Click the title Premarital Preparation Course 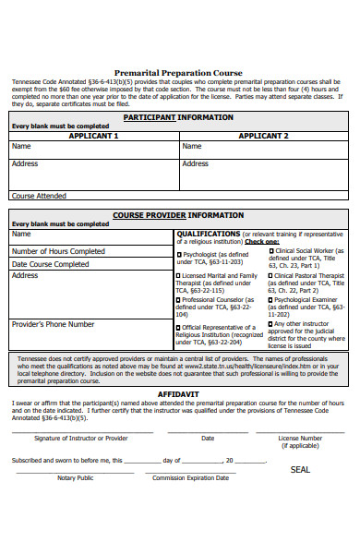pyautogui.click(x=178, y=72)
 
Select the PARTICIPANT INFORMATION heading pyautogui.click(x=178, y=118)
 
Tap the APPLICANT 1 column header pyautogui.click(x=93, y=136)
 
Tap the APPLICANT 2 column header pyautogui.click(x=264, y=136)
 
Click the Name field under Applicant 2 pyautogui.click(x=264, y=147)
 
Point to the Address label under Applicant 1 pyautogui.click(x=25, y=163)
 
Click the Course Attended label pyautogui.click(x=39, y=196)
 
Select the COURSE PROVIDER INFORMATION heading pyautogui.click(x=178, y=215)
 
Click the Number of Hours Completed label pyautogui.click(x=58, y=251)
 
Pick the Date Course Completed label pyautogui.click(x=50, y=264)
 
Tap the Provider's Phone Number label pyautogui.click(x=53, y=324)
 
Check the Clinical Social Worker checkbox pyautogui.click(x=271, y=250)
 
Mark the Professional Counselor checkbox pyautogui.click(x=179, y=300)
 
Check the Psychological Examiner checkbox pyautogui.click(x=271, y=299)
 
